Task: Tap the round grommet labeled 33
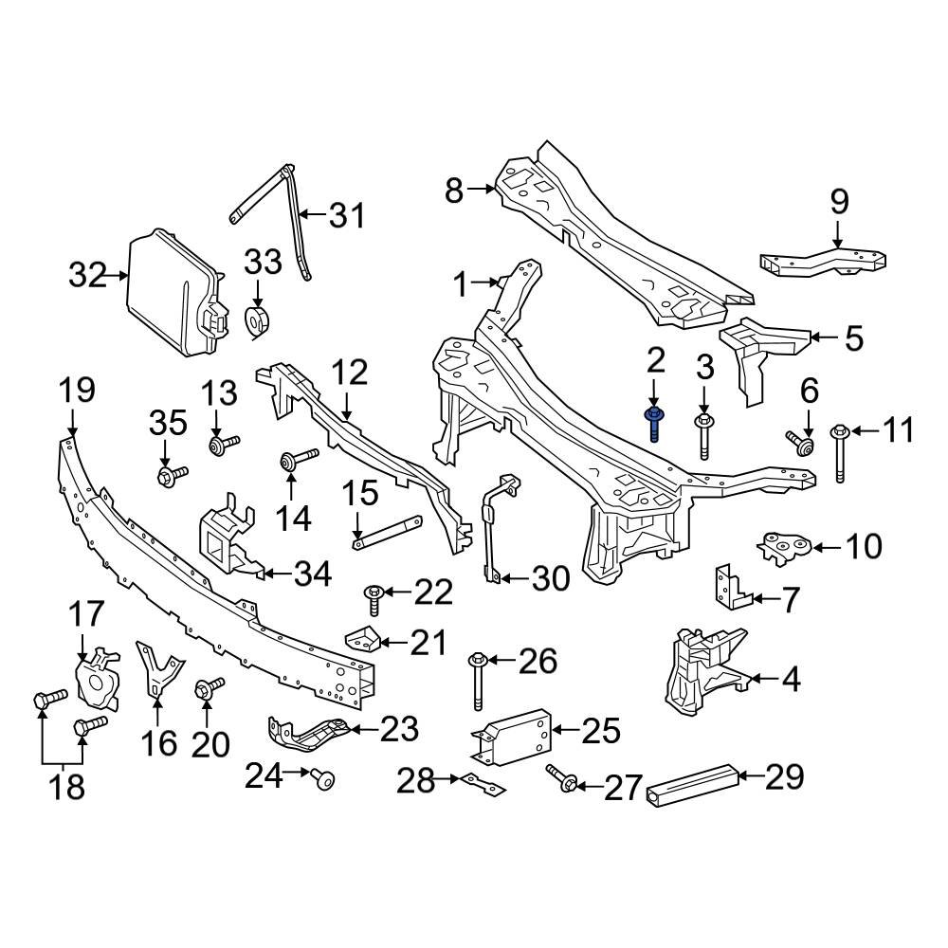[258, 321]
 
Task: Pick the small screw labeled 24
[323, 780]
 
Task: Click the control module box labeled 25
[512, 736]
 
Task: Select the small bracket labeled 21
[364, 640]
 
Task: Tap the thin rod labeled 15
[387, 531]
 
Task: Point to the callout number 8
[454, 191]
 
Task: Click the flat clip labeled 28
[483, 785]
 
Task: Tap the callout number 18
[66, 786]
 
